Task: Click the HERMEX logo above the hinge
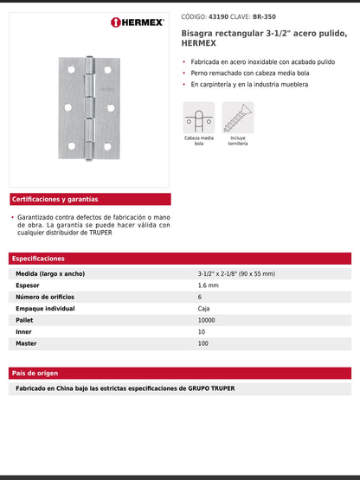coord(139,22)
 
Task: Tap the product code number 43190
coord(215,16)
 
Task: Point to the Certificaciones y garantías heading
coord(55,199)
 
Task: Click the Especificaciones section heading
coord(38,259)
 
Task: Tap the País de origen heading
coord(35,373)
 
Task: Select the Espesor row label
coord(29,285)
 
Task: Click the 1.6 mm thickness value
coord(208,285)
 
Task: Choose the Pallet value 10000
coord(208,320)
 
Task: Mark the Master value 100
coord(203,343)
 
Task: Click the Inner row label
coord(25,331)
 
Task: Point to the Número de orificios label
coord(47,297)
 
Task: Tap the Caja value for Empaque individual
coord(204,308)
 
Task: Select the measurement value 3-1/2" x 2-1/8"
coord(236,273)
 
